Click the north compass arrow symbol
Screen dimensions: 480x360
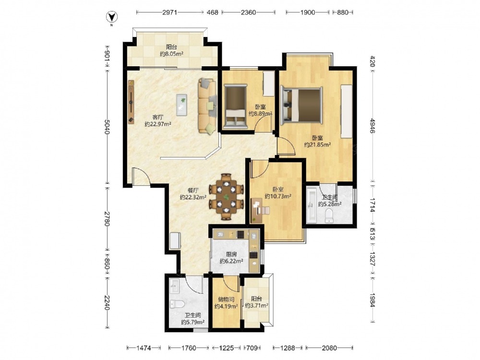coord(112,17)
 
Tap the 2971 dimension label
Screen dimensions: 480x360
coord(169,12)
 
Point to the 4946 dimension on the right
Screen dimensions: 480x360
coord(372,125)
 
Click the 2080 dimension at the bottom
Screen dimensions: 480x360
coord(329,348)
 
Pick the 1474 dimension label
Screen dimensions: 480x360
coord(144,348)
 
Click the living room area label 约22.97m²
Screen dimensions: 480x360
coord(157,124)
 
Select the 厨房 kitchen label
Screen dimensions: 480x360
coord(231,254)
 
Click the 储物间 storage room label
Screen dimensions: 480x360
coord(226,300)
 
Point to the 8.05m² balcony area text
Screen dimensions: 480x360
coord(171,54)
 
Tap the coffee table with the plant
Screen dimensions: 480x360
coord(182,105)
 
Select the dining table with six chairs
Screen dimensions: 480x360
coord(227,197)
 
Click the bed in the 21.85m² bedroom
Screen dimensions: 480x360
coord(302,106)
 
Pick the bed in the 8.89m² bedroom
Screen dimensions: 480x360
coord(235,107)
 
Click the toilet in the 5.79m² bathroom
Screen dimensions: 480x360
coord(177,304)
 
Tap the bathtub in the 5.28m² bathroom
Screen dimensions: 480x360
coord(312,204)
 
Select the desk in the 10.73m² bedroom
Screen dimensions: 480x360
coord(256,210)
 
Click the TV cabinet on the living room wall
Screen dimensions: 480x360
coord(132,102)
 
